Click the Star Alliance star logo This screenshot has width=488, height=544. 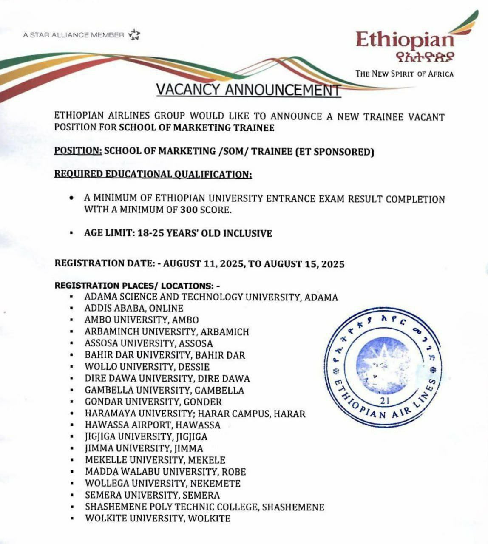click(134, 34)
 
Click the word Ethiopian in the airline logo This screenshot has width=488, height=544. click(405, 40)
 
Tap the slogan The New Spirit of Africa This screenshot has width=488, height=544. click(404, 74)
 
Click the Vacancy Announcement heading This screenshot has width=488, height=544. click(248, 90)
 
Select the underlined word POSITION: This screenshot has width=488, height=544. click(78, 151)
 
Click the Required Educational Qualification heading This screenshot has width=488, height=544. click(153, 174)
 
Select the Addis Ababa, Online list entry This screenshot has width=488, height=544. click(133, 308)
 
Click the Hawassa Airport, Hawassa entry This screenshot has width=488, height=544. click(153, 425)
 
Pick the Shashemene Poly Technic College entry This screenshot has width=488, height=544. click(204, 507)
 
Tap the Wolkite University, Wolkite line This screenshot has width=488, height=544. click(157, 518)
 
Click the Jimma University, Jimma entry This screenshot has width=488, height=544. click(144, 448)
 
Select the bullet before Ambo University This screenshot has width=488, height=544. click(73, 320)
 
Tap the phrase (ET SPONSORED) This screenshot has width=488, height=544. click(335, 152)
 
